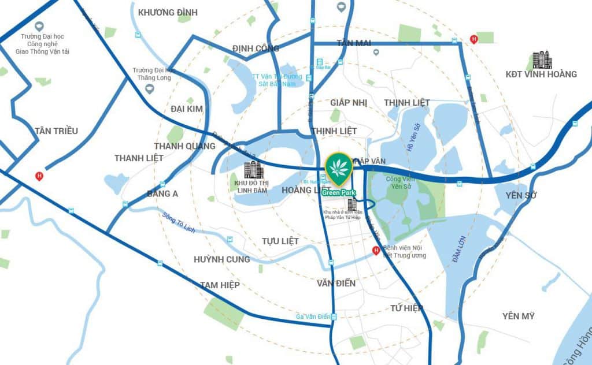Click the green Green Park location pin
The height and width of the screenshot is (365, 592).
(x=338, y=168)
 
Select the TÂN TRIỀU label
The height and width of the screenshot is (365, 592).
(x=56, y=131)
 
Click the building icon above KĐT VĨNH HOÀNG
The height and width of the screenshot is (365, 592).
(x=542, y=59)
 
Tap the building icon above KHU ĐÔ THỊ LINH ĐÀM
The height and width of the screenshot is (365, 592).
(x=253, y=170)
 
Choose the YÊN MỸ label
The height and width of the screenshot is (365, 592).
(x=518, y=316)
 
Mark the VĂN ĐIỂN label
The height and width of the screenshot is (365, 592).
(x=336, y=283)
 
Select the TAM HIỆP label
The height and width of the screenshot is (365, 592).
(x=220, y=285)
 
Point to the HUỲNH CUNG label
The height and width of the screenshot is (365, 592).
(x=222, y=259)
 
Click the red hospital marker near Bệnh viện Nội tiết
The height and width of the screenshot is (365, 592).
(x=376, y=251)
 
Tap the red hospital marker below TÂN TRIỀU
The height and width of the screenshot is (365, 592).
(x=39, y=176)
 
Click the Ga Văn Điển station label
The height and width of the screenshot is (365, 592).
(x=312, y=316)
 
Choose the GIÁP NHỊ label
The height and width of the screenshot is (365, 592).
(x=349, y=102)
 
